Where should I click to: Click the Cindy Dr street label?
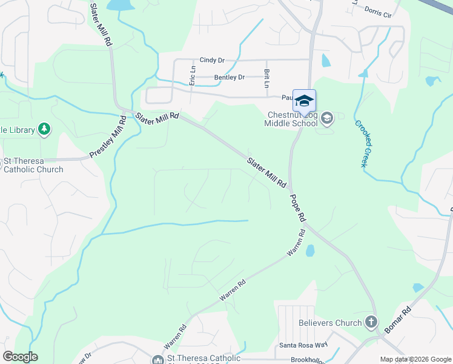click(212, 61)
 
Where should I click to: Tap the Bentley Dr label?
click(230, 78)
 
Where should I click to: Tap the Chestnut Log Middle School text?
click(291, 119)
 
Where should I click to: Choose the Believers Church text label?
click(330, 323)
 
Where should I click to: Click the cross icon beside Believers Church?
click(371, 323)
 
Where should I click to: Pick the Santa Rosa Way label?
click(303, 346)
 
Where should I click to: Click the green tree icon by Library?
click(44, 129)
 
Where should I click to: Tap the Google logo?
click(20, 357)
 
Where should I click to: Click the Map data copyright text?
click(415, 359)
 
